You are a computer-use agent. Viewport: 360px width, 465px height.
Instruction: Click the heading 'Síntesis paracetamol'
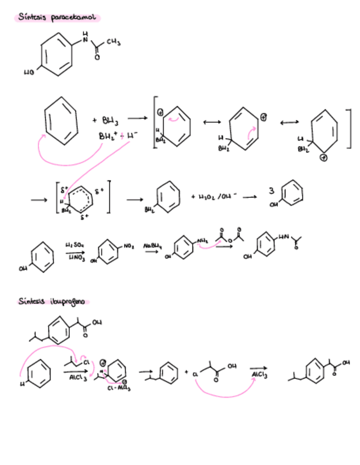coord(57,18)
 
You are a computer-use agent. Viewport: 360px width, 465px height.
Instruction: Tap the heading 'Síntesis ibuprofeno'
coord(53,302)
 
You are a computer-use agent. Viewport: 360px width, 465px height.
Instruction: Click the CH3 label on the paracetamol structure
coord(113,43)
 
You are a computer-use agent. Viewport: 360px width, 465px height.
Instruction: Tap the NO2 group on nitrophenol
coord(130,247)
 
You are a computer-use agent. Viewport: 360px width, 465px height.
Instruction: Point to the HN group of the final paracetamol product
coord(283,238)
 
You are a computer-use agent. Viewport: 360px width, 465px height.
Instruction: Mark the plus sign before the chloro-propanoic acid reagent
coord(187,372)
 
